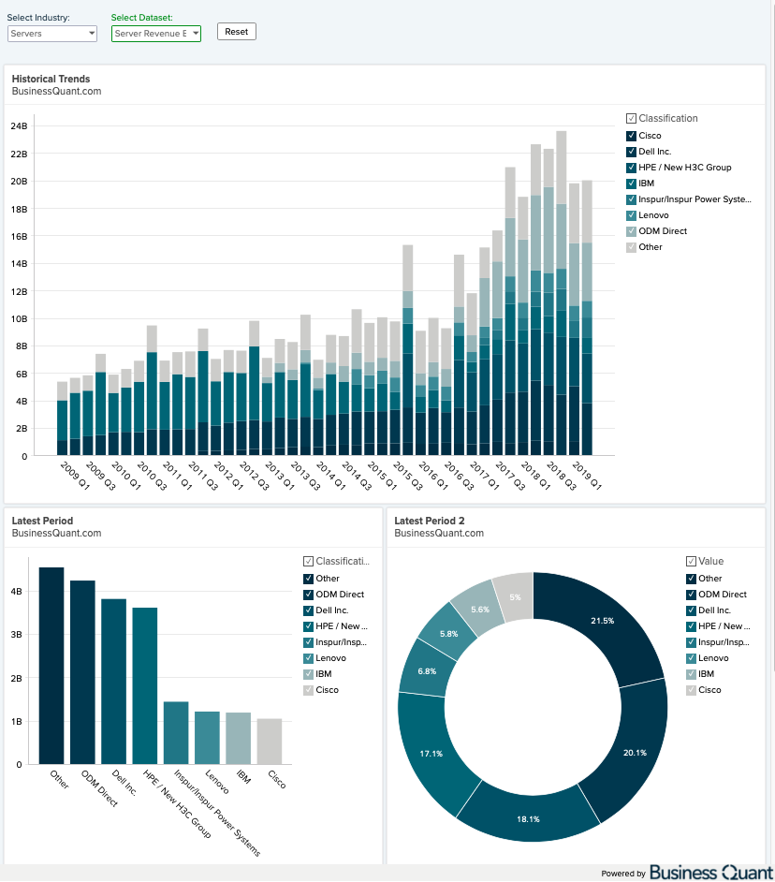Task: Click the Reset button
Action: pyautogui.click(x=236, y=32)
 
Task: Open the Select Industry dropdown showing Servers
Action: pyautogui.click(x=52, y=34)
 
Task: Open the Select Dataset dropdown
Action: pyautogui.click(x=155, y=34)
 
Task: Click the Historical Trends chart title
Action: pyautogui.click(x=51, y=79)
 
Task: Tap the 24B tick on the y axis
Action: pyautogui.click(x=19, y=125)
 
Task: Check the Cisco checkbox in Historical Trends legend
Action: pyautogui.click(x=631, y=136)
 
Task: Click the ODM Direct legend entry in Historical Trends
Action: pyautogui.click(x=663, y=231)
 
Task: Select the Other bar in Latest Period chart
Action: pyautogui.click(x=51, y=665)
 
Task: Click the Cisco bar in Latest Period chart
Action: pyautogui.click(x=270, y=741)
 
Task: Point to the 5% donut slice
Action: pyautogui.click(x=514, y=596)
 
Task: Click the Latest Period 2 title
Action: pyautogui.click(x=430, y=521)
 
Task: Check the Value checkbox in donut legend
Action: pyautogui.click(x=692, y=562)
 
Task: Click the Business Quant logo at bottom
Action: pyautogui.click(x=710, y=873)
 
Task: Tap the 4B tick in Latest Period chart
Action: pyautogui.click(x=17, y=592)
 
